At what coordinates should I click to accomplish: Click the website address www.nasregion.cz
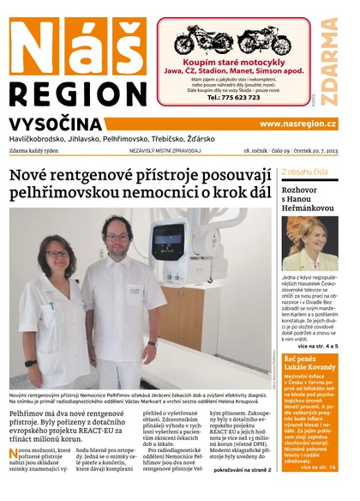(x=297, y=124)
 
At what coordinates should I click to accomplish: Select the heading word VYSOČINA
(x=57, y=124)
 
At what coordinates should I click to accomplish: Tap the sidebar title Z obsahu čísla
(x=304, y=172)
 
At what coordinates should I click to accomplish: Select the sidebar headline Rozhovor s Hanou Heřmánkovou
(x=307, y=198)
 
